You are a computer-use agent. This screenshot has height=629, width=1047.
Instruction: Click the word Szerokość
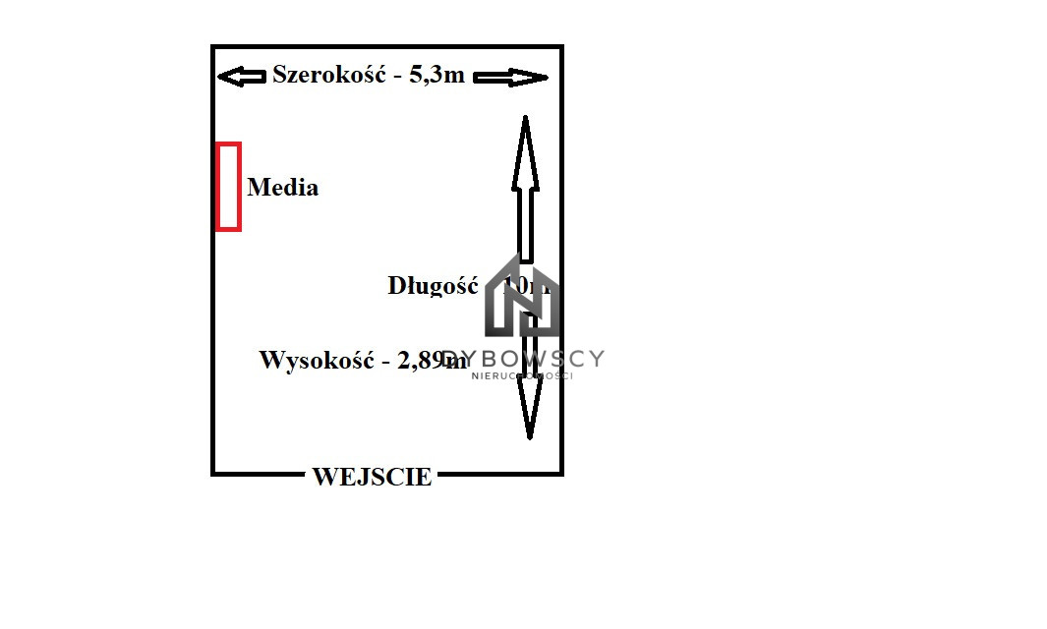point(328,75)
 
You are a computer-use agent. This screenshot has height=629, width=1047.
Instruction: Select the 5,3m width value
point(436,75)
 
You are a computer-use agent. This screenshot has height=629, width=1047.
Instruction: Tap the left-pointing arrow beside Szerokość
point(241,76)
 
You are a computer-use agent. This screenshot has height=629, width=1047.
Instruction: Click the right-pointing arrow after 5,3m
point(510,77)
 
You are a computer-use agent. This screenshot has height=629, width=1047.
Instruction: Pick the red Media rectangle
point(228,187)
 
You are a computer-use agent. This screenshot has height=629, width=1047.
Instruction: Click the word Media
point(283,187)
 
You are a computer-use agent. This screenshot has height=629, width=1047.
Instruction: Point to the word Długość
point(433,286)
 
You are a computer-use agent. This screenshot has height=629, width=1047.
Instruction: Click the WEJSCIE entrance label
point(372,478)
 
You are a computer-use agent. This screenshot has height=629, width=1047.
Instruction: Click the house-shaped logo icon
point(521,297)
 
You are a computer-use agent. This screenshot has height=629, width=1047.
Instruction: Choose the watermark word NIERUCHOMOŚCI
point(522,375)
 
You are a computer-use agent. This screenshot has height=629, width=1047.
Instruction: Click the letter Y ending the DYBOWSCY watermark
point(596,359)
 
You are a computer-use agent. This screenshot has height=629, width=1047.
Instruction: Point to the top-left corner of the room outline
point(213,47)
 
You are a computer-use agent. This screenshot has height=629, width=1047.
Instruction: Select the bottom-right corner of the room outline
point(561,474)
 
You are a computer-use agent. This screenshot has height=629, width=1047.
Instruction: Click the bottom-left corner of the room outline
point(213,474)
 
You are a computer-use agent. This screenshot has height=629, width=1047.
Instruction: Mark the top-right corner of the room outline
point(561,47)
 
